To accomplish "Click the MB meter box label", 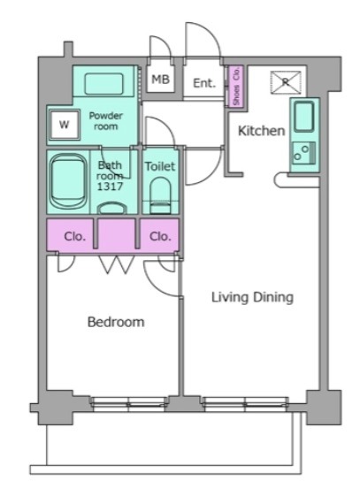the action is pyautogui.click(x=160, y=79).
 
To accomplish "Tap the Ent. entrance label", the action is pyautogui.click(x=204, y=83).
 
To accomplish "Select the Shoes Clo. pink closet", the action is pyautogui.click(x=236, y=87).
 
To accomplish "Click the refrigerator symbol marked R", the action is pyautogui.click(x=286, y=82).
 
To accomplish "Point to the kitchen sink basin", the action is pyautogui.click(x=304, y=116).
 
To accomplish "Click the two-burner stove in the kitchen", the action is pyautogui.click(x=303, y=153).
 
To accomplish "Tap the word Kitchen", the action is pyautogui.click(x=261, y=131).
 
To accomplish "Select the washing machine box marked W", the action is pyautogui.click(x=65, y=125).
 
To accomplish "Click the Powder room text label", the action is pyautogui.click(x=105, y=121).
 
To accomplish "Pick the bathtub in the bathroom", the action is pyautogui.click(x=68, y=181).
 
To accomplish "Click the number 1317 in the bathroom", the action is pyautogui.click(x=110, y=187).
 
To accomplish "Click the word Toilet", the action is pyautogui.click(x=160, y=166).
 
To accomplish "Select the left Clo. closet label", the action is pyautogui.click(x=74, y=236).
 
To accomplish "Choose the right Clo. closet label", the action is pyautogui.click(x=160, y=236).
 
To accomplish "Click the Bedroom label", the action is pyautogui.click(x=116, y=322).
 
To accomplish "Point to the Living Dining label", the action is pyautogui.click(x=252, y=297).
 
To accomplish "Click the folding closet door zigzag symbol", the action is pyautogui.click(x=117, y=264).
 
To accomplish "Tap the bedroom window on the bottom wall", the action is pyautogui.click(x=128, y=404).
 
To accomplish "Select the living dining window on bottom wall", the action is pyautogui.click(x=245, y=404).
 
